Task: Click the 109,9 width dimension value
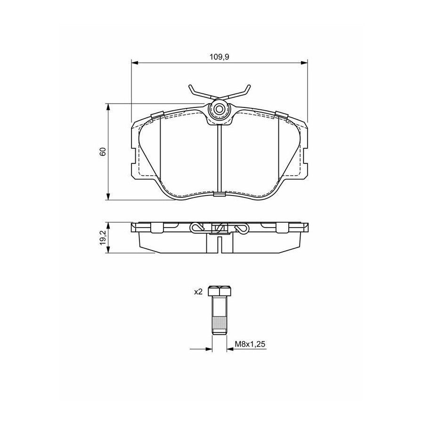[219, 57]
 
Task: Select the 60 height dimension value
[103, 152]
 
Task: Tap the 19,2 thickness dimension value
[103, 238]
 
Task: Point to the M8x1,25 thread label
[250, 344]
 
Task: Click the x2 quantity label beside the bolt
[198, 292]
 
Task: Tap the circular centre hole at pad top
[219, 109]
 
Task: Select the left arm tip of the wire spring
[190, 86]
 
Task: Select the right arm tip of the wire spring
[249, 86]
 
